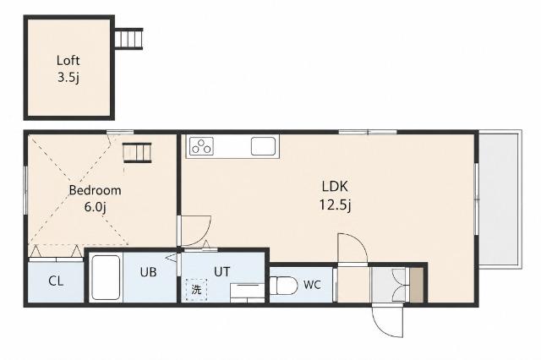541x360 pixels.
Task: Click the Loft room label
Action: [68, 61]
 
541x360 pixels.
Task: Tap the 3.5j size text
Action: [68, 78]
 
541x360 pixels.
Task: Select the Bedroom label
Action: [96, 190]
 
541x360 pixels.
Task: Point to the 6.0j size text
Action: [96, 207]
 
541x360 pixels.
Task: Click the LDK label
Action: [335, 187]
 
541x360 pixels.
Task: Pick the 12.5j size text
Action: [335, 205]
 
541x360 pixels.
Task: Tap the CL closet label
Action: [56, 281]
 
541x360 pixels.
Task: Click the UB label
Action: [149, 272]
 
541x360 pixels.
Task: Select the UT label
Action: [221, 272]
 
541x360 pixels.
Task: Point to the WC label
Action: [312, 285]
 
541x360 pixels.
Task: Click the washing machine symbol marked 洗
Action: [196, 289]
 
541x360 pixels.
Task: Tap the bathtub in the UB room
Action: [106, 277]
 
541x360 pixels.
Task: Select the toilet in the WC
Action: [283, 286]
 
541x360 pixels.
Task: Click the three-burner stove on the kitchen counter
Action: [201, 146]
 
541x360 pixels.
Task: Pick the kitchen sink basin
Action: [263, 146]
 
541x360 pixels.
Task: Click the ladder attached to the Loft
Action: [128, 39]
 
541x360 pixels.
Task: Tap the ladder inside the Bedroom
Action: [137, 152]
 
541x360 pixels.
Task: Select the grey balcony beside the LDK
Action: [500, 199]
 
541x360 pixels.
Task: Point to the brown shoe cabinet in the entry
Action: [416, 285]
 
